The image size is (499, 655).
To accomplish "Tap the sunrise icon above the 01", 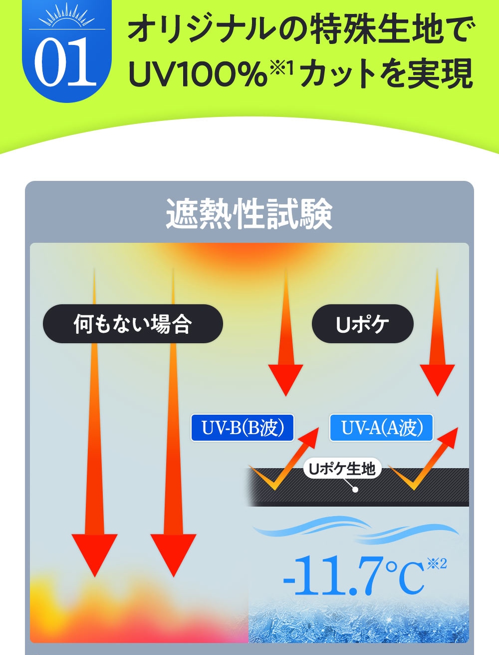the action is [67, 15].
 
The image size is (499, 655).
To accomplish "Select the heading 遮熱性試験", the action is [249, 214].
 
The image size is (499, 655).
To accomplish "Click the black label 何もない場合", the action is [133, 324].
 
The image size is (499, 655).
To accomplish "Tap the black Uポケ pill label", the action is [363, 324].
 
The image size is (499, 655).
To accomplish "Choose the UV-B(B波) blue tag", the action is [242, 428].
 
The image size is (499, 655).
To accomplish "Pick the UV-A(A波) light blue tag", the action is [381, 428].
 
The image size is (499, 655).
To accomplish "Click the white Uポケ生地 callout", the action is [342, 469].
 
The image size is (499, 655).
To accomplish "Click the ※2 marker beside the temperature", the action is [437, 564].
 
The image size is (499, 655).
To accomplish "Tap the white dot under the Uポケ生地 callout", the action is [355, 490].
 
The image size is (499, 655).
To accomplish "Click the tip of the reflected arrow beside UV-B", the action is [319, 428].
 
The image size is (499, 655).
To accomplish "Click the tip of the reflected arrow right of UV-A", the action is [458, 428].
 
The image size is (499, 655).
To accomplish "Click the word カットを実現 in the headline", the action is [386, 73].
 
